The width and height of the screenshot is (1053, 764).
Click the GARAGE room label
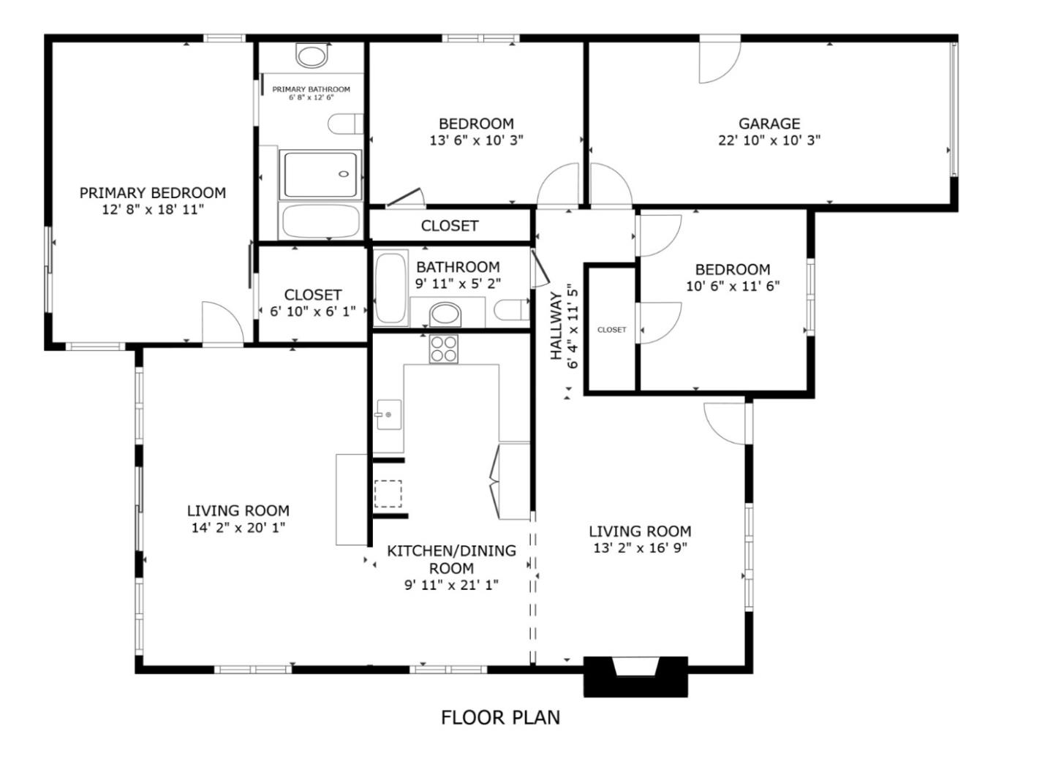[769, 124]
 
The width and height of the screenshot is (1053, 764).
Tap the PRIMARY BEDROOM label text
[152, 193]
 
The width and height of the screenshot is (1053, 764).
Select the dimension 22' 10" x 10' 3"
[769, 140]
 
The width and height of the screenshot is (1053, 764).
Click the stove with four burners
[443, 349]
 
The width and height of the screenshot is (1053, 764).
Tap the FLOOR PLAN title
[500, 718]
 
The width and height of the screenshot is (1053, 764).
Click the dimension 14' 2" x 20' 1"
[238, 528]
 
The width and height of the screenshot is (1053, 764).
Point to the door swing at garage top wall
[720, 61]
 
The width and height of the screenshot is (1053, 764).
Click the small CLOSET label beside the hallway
[611, 330]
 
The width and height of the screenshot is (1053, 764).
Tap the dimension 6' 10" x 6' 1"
[312, 311]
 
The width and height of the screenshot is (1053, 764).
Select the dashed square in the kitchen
[388, 493]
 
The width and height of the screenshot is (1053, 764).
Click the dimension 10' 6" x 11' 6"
[732, 287]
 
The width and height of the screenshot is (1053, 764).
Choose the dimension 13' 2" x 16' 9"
[640, 548]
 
